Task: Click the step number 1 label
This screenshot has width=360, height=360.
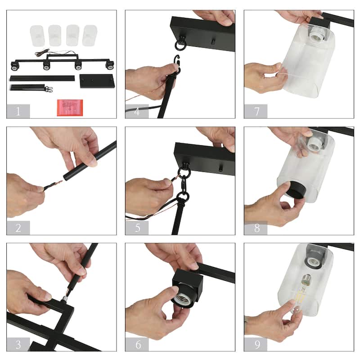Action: (18, 111)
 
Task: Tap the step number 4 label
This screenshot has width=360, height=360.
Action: (137, 111)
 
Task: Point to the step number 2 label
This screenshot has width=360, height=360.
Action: (18, 228)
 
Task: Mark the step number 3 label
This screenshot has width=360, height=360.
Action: (18, 344)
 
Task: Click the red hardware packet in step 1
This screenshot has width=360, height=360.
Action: (70, 108)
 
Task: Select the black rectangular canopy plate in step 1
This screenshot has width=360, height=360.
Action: (97, 81)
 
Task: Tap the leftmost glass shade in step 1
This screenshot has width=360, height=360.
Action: (37, 36)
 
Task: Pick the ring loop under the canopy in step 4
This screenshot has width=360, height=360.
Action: (179, 45)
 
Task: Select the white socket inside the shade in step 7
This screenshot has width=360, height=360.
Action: (318, 35)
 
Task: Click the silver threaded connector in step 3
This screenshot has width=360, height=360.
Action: (64, 298)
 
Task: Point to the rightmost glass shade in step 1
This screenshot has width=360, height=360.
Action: (90, 36)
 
